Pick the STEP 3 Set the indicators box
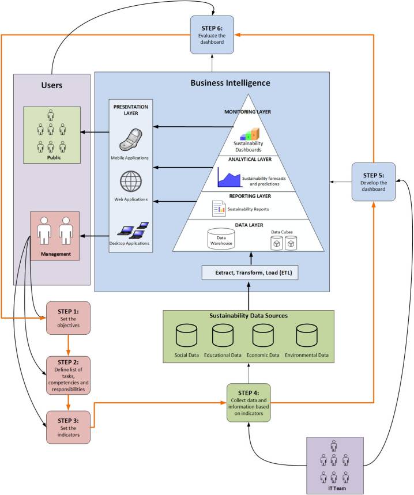(x=68, y=427)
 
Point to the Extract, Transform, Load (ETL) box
(x=250, y=272)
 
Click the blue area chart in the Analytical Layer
(x=228, y=177)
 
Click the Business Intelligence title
(x=231, y=83)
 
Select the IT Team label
(x=334, y=488)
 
